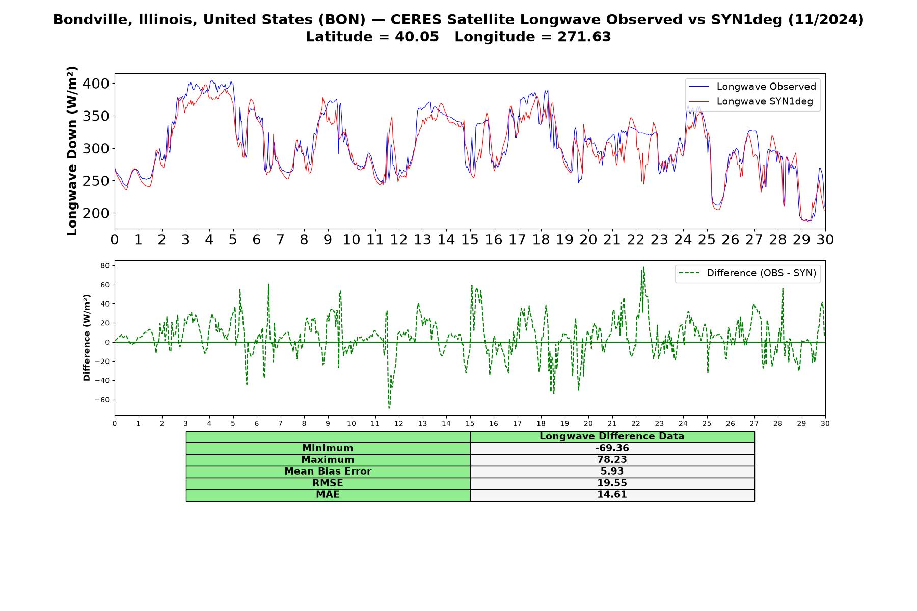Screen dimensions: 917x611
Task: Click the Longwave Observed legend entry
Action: click(752, 87)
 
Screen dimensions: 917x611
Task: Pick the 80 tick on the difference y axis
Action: click(105, 265)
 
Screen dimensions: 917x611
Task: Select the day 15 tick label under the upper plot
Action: click(470, 240)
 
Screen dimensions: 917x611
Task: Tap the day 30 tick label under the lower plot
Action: click(825, 423)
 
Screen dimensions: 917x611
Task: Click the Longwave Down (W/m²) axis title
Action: click(72, 151)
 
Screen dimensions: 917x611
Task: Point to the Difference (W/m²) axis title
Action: click(87, 338)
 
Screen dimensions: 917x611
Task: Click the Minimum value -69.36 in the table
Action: click(612, 448)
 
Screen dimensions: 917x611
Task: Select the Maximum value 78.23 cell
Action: click(612, 460)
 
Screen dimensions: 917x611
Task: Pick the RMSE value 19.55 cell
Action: click(612, 483)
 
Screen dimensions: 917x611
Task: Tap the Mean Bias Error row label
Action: click(328, 471)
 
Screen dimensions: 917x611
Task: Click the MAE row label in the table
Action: click(328, 495)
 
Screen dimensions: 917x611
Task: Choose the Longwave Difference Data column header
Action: click(612, 436)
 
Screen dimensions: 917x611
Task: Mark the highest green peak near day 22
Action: click(643, 267)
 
